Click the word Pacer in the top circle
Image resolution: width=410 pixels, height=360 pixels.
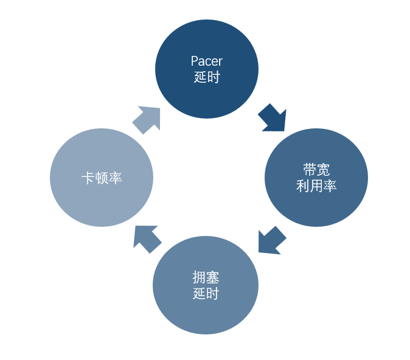coord(206,61)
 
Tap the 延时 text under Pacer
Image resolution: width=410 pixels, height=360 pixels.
coord(206,77)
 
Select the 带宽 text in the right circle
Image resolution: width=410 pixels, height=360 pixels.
coord(316,170)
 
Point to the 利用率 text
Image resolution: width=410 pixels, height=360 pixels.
coord(316,186)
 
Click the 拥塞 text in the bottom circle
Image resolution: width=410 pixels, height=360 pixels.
coord(206,278)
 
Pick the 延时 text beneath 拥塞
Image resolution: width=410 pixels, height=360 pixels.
coord(206,294)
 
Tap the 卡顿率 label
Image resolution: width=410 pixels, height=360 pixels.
coord(102,178)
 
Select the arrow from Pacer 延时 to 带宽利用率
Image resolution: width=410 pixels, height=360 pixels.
coord(272,117)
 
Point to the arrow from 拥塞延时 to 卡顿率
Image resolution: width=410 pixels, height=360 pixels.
coord(147,238)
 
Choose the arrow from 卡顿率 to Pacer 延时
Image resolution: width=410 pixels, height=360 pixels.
coord(147,119)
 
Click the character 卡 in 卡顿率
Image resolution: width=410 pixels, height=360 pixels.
coord(88,178)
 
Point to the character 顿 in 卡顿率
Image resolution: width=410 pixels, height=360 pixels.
coord(102,178)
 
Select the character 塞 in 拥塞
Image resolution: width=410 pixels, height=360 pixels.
coord(212,278)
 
